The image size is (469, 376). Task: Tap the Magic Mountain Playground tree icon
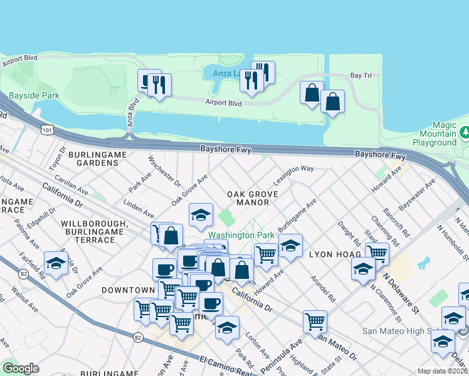point(465,132)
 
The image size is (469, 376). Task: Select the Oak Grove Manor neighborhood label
point(248,198)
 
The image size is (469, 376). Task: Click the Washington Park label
point(241,235)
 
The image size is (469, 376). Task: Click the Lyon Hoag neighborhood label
point(335,254)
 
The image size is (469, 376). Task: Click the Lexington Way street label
point(292,173)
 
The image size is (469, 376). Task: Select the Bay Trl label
point(361,75)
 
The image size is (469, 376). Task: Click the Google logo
point(21,368)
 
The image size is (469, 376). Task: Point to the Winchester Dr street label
point(164,171)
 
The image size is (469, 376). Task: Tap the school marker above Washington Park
point(201,216)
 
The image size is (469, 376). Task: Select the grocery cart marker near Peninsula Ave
point(315,321)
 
